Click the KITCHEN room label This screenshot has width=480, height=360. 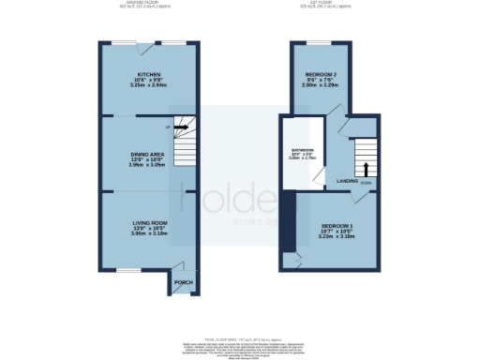coord(149,74)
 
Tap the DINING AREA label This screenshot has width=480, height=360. coord(149,157)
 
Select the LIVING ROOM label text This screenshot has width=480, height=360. coord(149,221)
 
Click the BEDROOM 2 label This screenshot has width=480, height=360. coord(321,74)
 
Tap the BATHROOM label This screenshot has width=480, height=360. coord(301,152)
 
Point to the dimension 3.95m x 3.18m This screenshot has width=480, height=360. coord(149,234)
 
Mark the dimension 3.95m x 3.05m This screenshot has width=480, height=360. coord(149,170)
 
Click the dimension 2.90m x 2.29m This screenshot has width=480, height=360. coord(321,86)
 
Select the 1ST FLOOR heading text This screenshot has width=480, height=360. coord(332,4)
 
